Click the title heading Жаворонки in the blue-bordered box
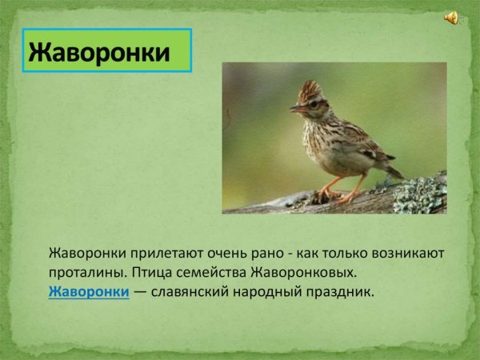[100, 53]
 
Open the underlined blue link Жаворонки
[89, 292]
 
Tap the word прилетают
[161, 254]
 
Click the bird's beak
[294, 108]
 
